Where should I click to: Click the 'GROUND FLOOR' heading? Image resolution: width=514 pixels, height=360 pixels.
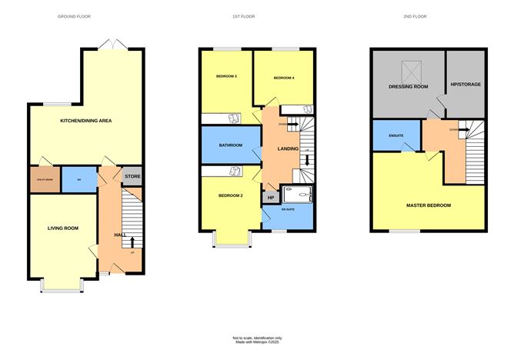74,16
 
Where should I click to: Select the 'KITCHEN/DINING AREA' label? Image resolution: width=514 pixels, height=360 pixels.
86,121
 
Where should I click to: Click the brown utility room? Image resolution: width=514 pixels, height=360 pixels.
43,178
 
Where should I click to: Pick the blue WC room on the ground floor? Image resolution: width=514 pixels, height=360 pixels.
79,178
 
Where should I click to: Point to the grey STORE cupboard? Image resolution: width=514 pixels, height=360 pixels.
132,177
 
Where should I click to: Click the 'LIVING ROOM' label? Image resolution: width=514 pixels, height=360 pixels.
62,228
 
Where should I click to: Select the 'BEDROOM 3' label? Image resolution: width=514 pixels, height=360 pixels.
225,76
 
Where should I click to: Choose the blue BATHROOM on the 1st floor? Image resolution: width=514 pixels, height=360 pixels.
231,145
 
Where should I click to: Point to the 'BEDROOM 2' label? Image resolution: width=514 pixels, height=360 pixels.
230,195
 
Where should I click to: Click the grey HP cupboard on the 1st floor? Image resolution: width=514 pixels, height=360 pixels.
270,198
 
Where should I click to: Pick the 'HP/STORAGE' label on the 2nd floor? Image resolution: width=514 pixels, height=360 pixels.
465,84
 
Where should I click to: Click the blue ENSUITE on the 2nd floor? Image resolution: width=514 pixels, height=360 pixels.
396,135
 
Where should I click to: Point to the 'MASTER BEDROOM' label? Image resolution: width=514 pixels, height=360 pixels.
429,205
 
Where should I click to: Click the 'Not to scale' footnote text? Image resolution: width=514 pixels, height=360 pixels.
257,338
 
